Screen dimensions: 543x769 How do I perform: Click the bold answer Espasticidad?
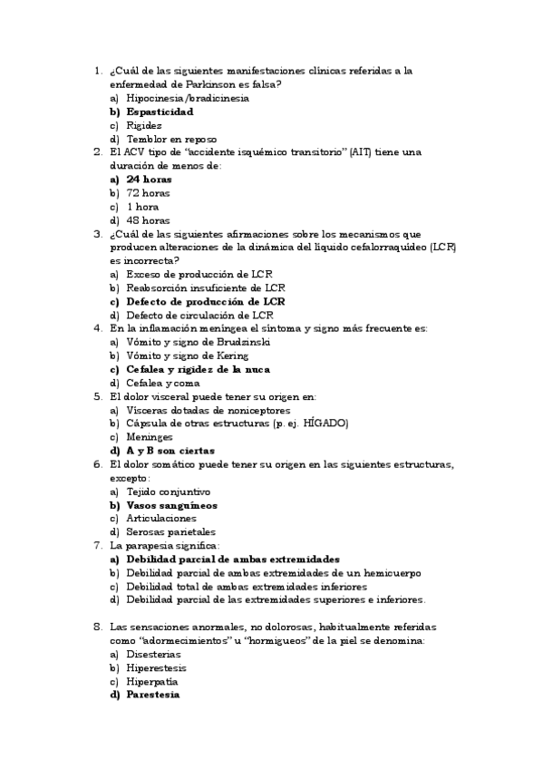(x=160, y=112)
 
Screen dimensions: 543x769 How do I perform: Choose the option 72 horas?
(x=148, y=193)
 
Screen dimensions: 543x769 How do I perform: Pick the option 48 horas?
(x=148, y=220)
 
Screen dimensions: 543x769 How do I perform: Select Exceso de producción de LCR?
(x=199, y=274)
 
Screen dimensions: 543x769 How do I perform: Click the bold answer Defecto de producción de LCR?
(x=205, y=301)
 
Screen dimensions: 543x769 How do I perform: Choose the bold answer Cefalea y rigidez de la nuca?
(x=199, y=369)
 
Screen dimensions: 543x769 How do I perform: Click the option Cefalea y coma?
(x=164, y=383)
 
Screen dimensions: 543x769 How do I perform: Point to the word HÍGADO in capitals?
(x=325, y=423)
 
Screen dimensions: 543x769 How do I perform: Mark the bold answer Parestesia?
(x=153, y=695)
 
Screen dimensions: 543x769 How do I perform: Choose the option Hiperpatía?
(x=151, y=681)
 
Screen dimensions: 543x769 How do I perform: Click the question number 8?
(x=97, y=627)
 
